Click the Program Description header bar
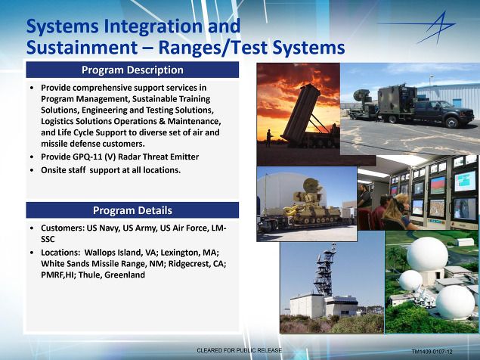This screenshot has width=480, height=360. [132, 70]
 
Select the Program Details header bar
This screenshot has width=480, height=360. [132, 210]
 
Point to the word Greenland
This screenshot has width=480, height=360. [125, 275]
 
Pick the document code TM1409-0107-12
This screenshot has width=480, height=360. [432, 352]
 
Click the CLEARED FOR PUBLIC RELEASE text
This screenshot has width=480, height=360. [239, 350]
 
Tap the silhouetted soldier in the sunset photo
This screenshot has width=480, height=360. [269, 138]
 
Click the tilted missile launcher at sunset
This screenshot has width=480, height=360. [302, 115]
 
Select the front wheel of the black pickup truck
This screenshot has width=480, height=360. [452, 123]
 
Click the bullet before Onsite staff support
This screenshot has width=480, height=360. [33, 170]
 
